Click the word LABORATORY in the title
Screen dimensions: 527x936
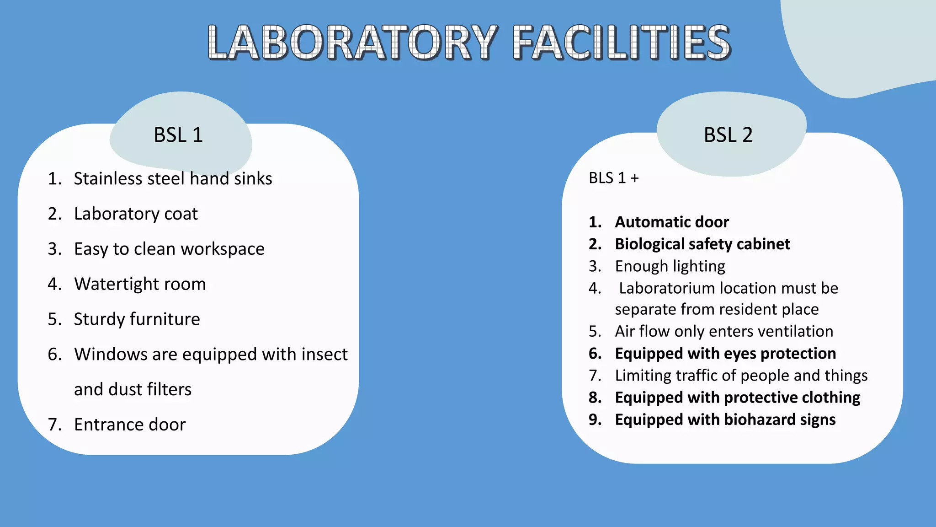(x=352, y=43)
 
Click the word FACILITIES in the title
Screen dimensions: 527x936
(x=622, y=43)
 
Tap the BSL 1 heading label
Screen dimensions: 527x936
(x=178, y=135)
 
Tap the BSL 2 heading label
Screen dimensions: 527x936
(x=728, y=135)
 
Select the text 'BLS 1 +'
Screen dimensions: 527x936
(x=613, y=178)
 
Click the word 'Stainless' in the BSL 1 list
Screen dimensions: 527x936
(x=108, y=178)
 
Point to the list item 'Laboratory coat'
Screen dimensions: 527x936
(x=136, y=214)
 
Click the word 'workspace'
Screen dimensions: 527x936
(x=223, y=249)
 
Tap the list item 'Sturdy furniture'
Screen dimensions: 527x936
(x=137, y=319)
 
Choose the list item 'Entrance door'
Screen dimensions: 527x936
(x=130, y=425)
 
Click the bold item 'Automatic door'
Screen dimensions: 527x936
(x=672, y=222)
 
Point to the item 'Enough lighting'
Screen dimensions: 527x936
(x=670, y=266)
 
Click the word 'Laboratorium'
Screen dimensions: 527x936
(x=667, y=288)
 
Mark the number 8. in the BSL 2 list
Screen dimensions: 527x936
(x=595, y=398)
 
